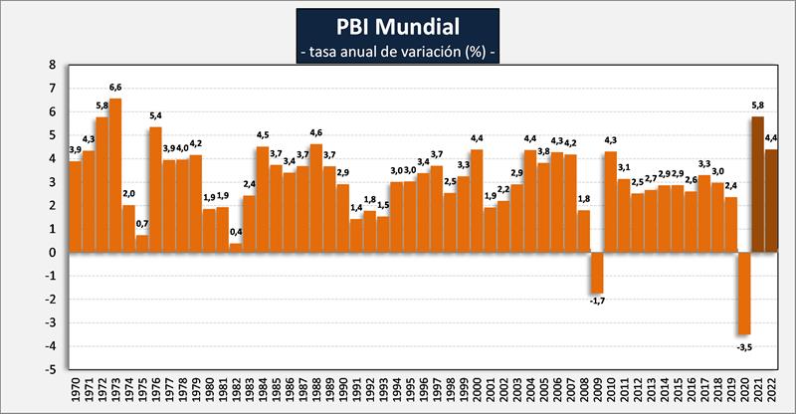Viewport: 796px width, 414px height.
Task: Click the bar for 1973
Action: coord(115,175)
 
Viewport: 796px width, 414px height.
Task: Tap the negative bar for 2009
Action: coord(597,272)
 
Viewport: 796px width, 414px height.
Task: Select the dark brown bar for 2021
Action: coord(758,184)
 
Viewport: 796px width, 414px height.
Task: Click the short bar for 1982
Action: coord(236,248)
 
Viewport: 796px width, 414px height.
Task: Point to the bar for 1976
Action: coord(155,189)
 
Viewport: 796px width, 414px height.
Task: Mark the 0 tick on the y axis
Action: coord(52,253)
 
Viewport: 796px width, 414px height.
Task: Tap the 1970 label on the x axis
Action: coord(75,391)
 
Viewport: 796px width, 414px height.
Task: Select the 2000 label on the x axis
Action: coord(477,391)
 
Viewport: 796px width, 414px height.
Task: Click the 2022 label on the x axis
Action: coord(772,391)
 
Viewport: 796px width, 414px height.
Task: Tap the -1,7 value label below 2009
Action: coord(597,301)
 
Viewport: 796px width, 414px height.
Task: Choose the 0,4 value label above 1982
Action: coord(236,234)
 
